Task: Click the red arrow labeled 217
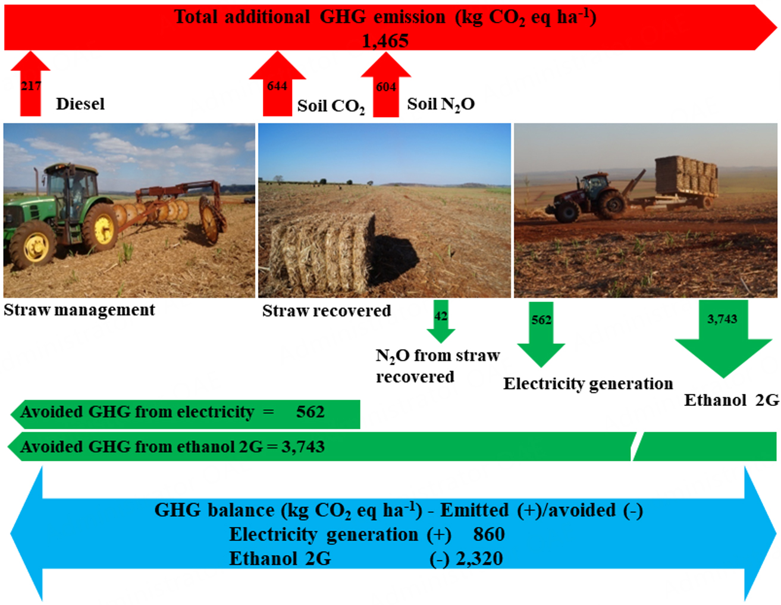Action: [30, 84]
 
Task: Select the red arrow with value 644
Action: [277, 84]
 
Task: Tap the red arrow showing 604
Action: [386, 84]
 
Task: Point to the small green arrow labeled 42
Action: [441, 322]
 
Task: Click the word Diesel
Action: [80, 104]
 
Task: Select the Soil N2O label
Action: [441, 105]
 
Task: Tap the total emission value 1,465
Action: [385, 40]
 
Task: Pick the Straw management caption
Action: [79, 310]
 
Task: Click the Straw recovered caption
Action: [327, 311]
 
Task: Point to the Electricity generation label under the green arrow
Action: [588, 384]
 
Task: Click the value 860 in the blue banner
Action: [489, 534]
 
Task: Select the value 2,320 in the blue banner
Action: [479, 559]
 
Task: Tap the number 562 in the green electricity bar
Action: [310, 412]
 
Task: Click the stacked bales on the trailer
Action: [686, 176]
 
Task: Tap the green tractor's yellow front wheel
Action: [33, 245]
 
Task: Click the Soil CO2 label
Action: [331, 106]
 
